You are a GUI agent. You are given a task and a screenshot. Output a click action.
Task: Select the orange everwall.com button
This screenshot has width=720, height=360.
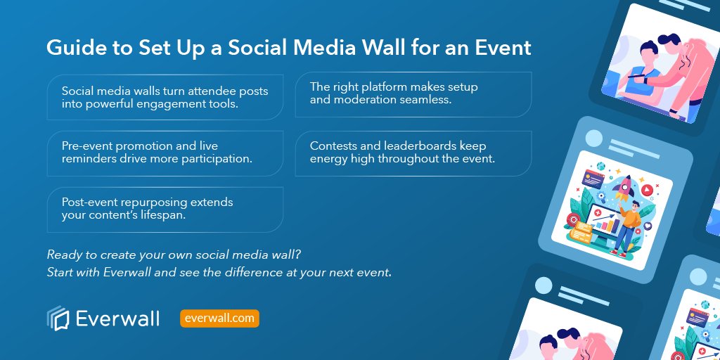219,319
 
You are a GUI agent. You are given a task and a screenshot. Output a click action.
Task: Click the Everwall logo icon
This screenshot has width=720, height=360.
57,319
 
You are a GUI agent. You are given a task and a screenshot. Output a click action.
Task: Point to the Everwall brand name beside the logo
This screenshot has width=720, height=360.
119,319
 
